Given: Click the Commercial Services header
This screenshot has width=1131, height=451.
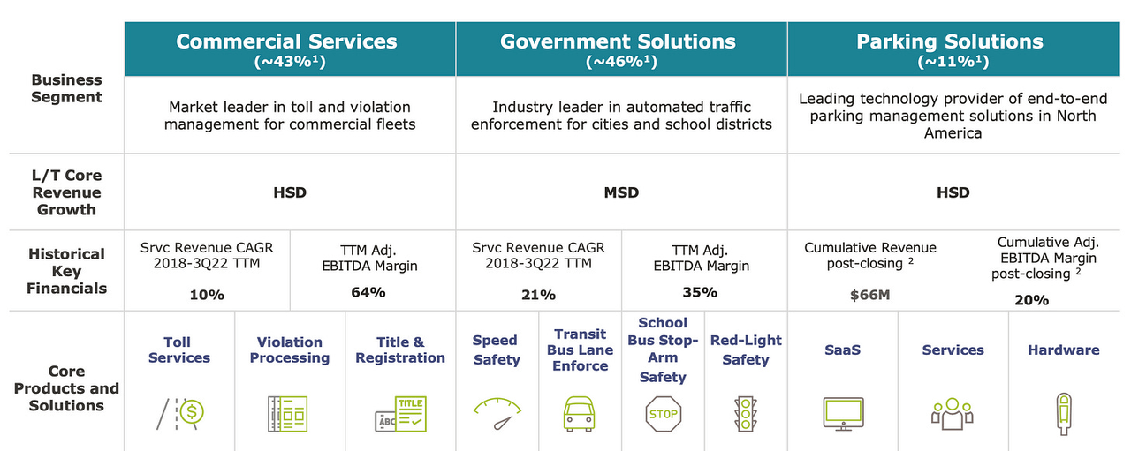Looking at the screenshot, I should click(x=286, y=42).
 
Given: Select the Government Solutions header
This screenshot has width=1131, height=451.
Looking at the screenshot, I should click(x=618, y=42).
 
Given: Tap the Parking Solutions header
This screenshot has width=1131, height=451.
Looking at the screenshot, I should click(x=950, y=42).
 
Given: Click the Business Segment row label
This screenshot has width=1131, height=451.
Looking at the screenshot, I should click(x=66, y=88).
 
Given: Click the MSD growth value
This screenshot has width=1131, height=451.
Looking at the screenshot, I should click(x=621, y=192).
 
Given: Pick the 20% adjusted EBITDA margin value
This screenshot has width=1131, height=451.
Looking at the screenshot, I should click(x=1031, y=300).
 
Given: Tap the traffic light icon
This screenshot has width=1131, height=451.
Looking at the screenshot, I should click(x=746, y=413).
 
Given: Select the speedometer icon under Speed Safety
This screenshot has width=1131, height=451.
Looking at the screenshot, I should click(x=497, y=412).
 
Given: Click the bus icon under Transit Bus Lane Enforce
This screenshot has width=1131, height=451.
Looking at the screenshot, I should click(x=581, y=413).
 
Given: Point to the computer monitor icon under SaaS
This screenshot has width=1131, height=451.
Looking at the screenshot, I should click(x=842, y=413).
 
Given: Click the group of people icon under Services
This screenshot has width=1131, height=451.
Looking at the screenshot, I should click(x=952, y=413).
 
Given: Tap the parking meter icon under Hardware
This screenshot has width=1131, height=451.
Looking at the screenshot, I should click(x=1063, y=413).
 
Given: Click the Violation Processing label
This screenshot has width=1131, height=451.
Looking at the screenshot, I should click(x=289, y=350).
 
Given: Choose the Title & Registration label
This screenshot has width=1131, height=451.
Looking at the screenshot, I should click(x=399, y=350).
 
